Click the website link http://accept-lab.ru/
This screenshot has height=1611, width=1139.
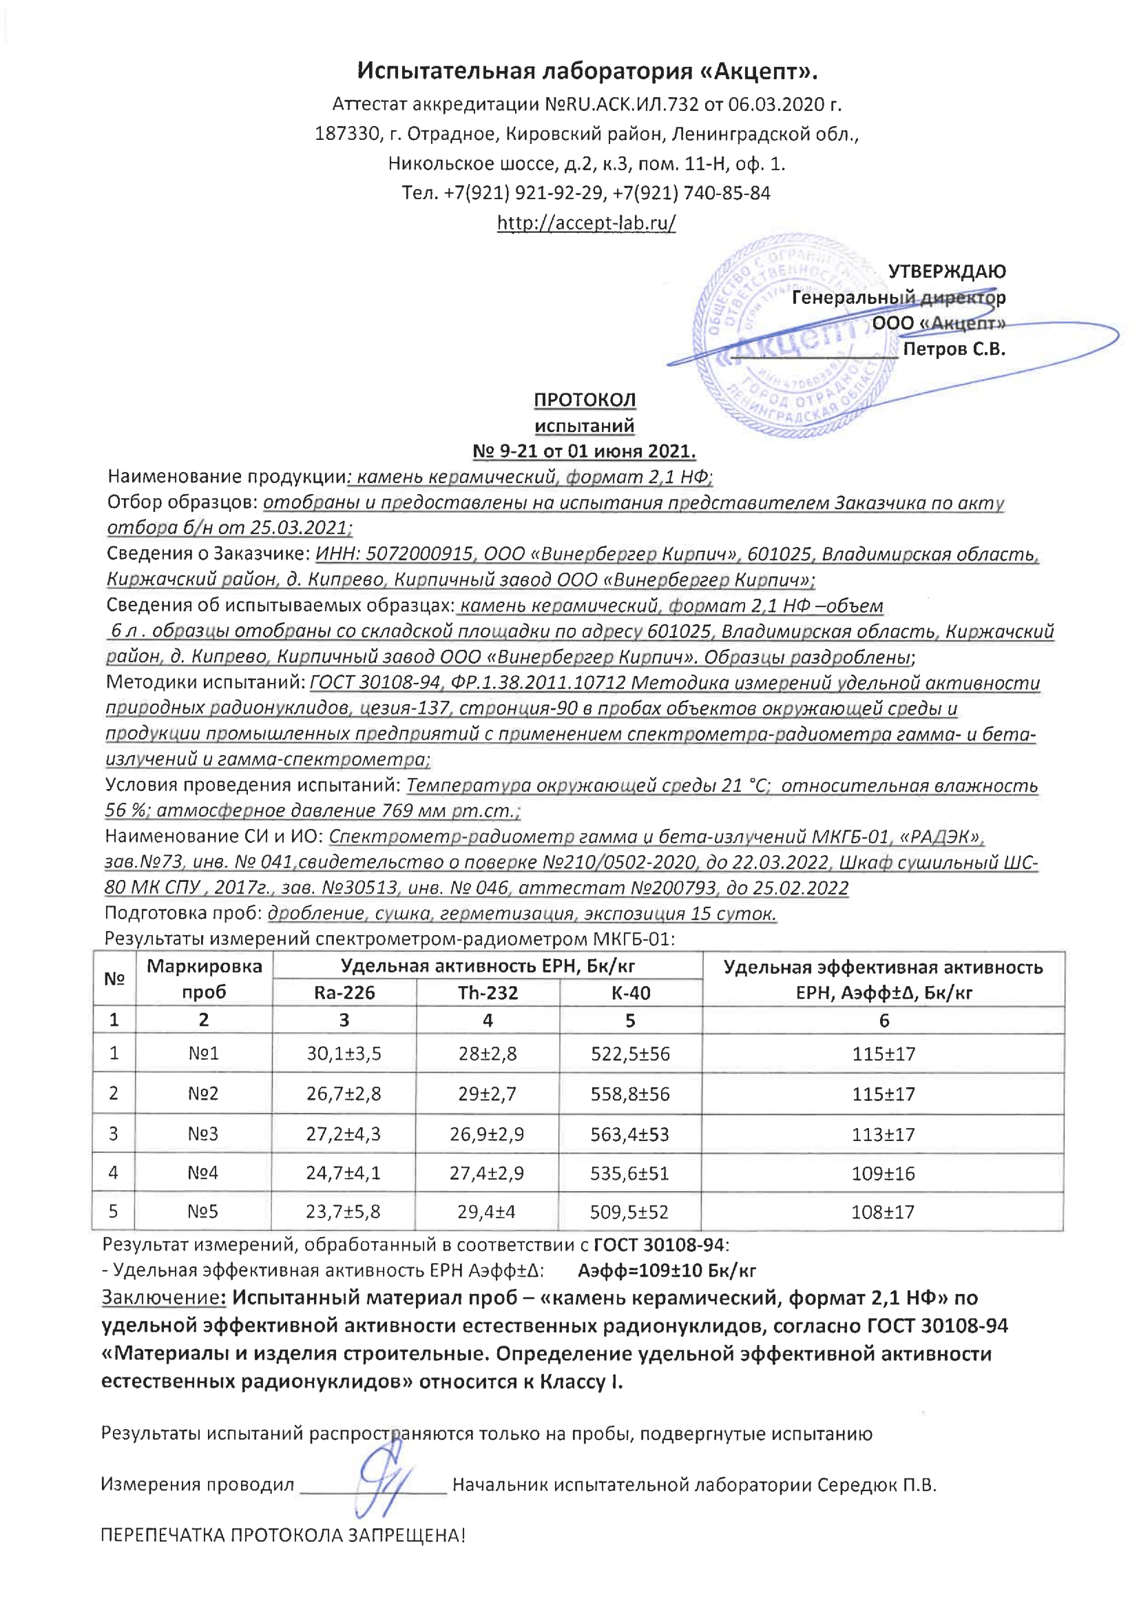[586, 223]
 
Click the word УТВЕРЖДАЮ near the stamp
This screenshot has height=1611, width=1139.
[946, 271]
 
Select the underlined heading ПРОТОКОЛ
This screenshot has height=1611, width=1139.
[585, 400]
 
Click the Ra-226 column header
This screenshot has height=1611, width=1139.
[344, 993]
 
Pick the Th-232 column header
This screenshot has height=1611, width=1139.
[488, 993]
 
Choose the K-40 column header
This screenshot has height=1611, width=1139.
[631, 993]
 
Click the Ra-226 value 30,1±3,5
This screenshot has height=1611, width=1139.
[344, 1054]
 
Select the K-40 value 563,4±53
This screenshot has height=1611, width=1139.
[630, 1135]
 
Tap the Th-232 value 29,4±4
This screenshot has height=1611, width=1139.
[486, 1212]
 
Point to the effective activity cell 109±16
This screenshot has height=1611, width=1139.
[883, 1173]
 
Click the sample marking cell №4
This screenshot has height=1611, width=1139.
[202, 1173]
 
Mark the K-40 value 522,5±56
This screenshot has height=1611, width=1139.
[631, 1054]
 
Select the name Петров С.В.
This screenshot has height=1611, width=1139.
[954, 349]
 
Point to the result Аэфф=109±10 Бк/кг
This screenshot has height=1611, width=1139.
[667, 1271]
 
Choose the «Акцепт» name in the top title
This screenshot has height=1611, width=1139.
[760, 71]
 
